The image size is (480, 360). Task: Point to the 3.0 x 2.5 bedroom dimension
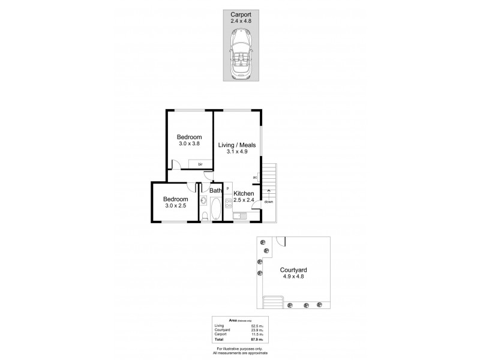click(176, 206)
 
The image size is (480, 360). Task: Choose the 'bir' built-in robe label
click(200, 163)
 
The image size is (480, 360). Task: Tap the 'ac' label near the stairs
click(255, 177)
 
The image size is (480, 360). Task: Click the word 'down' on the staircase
click(268, 201)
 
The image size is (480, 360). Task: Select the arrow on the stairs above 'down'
click(268, 191)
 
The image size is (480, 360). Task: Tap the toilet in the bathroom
click(205, 217)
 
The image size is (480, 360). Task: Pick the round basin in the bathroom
click(204, 200)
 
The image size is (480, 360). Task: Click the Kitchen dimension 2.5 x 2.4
click(244, 200)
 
